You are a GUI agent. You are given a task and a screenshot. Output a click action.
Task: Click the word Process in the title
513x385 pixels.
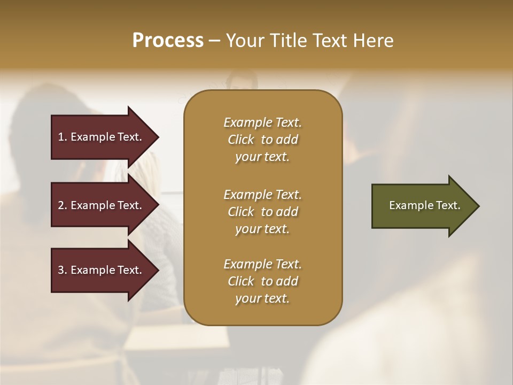tap(168, 41)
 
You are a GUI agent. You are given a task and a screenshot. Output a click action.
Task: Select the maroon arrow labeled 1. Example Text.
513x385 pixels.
tap(102, 137)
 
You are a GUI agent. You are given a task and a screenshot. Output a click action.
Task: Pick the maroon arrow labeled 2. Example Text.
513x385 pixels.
tap(102, 205)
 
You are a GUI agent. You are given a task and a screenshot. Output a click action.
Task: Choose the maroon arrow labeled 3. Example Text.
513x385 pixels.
tap(102, 270)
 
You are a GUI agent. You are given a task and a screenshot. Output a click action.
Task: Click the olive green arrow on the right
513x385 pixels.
tap(422, 206)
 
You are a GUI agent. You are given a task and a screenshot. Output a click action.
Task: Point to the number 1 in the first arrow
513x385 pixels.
tap(61, 137)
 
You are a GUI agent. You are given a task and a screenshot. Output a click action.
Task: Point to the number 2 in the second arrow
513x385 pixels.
tap(61, 205)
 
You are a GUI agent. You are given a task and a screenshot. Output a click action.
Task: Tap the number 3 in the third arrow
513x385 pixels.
tap(61, 270)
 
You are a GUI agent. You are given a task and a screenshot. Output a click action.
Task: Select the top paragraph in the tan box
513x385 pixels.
tap(262, 140)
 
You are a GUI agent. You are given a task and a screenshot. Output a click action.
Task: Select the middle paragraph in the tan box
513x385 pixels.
tap(262, 212)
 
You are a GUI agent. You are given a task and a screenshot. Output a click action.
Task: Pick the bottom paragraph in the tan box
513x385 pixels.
tap(262, 281)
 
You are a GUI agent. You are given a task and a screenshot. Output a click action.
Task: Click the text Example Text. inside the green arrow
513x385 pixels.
tap(424, 205)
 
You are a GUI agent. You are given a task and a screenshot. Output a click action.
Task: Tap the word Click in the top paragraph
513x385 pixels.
tap(241, 140)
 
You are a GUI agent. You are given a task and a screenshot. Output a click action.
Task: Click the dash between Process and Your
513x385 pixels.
tap(214, 41)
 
